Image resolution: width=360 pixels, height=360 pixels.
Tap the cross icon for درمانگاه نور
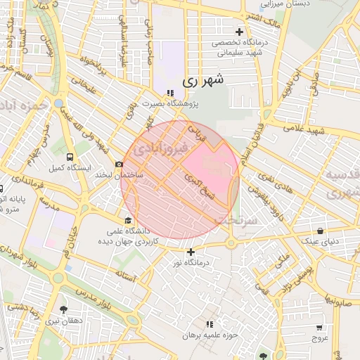191,252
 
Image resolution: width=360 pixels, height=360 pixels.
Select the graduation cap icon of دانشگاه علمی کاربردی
127,219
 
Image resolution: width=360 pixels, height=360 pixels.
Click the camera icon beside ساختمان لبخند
119,164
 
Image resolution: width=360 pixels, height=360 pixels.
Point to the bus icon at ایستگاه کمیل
69,157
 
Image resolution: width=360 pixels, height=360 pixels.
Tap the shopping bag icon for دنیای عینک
321,231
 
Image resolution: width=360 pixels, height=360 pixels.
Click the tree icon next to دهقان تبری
64,309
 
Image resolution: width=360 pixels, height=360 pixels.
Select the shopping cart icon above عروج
320,328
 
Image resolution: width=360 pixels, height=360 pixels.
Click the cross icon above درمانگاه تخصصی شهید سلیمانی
239,32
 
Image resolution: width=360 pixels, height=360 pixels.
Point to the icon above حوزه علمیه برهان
209,324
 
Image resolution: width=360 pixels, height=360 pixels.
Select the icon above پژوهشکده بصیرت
169,93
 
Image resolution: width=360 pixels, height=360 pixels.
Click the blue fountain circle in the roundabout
58,103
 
